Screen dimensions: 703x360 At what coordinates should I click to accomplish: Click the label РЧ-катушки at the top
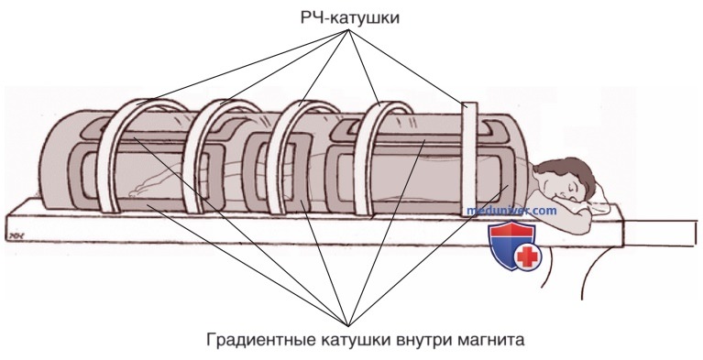click(x=350, y=18)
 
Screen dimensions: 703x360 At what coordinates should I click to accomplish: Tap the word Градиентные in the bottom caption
click(x=261, y=339)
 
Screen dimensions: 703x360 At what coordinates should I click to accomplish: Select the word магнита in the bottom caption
click(x=490, y=339)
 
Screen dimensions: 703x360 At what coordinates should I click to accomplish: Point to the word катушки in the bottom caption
click(x=356, y=339)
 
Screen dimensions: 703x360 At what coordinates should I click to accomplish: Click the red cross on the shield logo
click(x=527, y=257)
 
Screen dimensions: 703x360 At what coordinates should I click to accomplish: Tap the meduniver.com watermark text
click(x=511, y=211)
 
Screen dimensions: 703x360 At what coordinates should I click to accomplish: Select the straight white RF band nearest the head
click(x=470, y=159)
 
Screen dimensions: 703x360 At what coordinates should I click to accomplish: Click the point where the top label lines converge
click(x=349, y=30)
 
